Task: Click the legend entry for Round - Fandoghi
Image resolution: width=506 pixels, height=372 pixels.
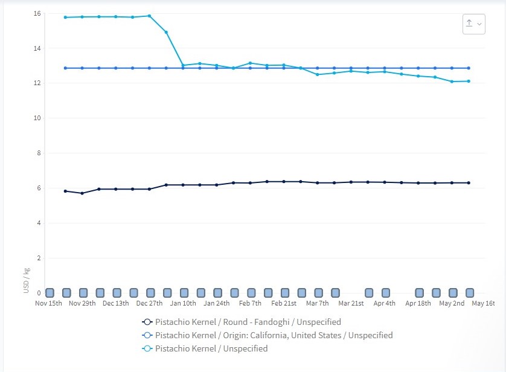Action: point(248,322)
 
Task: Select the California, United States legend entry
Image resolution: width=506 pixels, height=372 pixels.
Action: point(274,335)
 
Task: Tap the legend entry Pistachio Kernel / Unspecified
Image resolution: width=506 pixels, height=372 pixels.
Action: point(211,348)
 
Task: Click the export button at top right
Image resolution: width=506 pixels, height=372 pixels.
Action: point(473,24)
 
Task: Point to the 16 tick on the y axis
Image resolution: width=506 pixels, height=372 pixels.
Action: point(37,13)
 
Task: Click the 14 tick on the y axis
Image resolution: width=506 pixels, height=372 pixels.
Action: point(37,48)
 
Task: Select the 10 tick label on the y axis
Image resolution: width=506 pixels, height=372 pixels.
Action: point(37,118)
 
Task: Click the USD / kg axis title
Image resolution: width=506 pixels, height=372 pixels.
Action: point(27,281)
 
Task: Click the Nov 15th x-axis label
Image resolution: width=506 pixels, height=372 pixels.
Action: point(48,303)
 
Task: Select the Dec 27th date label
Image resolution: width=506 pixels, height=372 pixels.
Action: point(149,303)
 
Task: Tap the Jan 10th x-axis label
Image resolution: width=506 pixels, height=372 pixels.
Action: point(183,303)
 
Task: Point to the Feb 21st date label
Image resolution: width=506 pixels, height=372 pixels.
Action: point(284,303)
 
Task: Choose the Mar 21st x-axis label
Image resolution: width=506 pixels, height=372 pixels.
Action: point(351,303)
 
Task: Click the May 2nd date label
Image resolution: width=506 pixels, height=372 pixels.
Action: point(452,303)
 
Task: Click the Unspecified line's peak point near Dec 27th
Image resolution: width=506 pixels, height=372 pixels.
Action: point(149,16)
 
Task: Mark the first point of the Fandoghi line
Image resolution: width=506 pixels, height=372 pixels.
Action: point(65,191)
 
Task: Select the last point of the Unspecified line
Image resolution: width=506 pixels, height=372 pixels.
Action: point(469,81)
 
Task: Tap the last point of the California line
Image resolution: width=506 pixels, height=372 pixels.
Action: point(469,68)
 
